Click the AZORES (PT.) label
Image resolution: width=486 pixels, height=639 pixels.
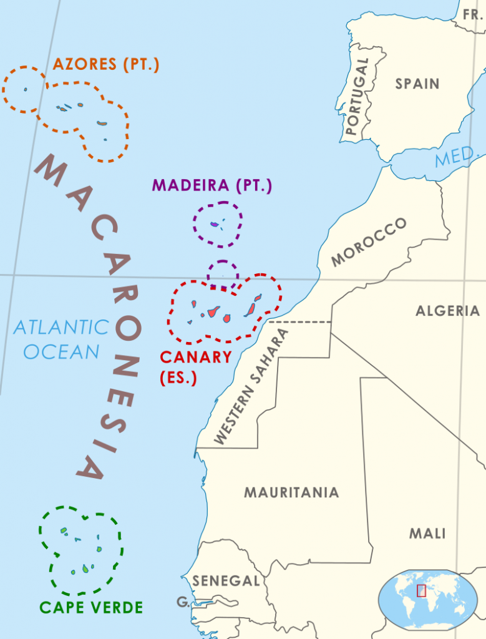pyautogui.click(x=105, y=64)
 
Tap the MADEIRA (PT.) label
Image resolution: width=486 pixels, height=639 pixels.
pyautogui.click(x=212, y=185)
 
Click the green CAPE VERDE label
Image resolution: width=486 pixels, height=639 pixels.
pyautogui.click(x=91, y=607)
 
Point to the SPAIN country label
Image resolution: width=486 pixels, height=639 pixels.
pyautogui.click(x=417, y=84)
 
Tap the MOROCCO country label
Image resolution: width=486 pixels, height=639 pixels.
pyautogui.click(x=369, y=243)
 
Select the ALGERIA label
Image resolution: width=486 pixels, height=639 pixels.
pyautogui.click(x=447, y=311)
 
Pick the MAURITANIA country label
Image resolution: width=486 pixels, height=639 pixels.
pyautogui.click(x=291, y=492)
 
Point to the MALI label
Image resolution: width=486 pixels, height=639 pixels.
pyautogui.click(x=427, y=534)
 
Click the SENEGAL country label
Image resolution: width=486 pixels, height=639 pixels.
pyautogui.click(x=225, y=581)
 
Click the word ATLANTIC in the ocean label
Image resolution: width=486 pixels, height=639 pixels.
pyautogui.click(x=61, y=327)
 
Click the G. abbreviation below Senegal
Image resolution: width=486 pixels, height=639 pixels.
pyautogui.click(x=183, y=602)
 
